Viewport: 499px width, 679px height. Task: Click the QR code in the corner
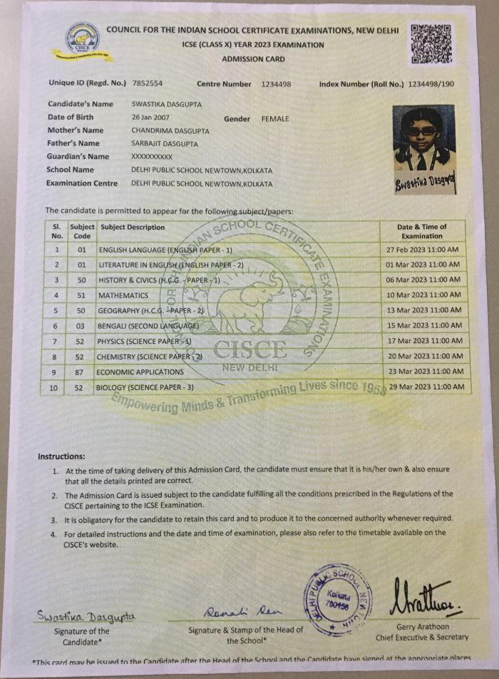click(433, 44)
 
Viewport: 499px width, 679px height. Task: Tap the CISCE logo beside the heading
click(83, 39)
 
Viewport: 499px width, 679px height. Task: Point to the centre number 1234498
click(276, 84)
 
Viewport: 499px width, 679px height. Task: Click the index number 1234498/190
click(431, 84)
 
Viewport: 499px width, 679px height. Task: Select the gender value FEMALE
click(275, 118)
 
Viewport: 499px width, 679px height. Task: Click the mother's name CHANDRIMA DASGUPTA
click(168, 131)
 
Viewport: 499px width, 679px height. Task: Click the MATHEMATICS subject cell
click(124, 295)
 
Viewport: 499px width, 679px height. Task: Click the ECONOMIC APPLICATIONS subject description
click(140, 372)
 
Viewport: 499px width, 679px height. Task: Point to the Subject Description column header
click(133, 228)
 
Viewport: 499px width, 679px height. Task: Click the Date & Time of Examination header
click(422, 231)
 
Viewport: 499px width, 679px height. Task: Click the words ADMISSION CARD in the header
click(253, 59)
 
